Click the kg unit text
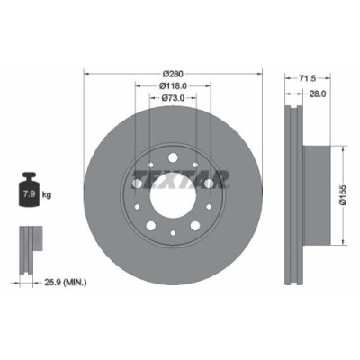pos(48,193)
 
